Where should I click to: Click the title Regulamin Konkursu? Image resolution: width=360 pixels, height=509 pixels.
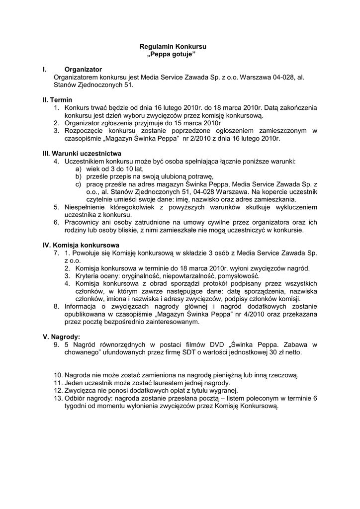[x=173, y=46]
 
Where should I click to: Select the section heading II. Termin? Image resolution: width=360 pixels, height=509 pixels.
[x=57, y=100]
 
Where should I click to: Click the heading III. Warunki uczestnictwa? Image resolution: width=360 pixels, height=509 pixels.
[x=82, y=154]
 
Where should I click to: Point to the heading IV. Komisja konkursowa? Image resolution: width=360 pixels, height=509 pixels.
[x=81, y=245]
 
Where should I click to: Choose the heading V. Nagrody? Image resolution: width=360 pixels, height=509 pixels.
[x=62, y=337]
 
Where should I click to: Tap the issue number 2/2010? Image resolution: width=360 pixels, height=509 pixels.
[x=204, y=138]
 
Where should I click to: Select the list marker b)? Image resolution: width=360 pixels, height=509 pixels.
[x=78, y=176]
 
